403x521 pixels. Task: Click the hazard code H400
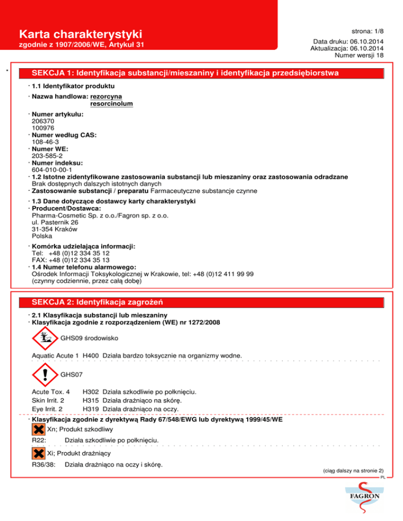click(91, 356)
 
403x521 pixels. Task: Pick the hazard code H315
click(91, 400)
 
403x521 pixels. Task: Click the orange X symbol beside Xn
click(38, 430)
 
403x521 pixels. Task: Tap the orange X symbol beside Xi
click(38, 453)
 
